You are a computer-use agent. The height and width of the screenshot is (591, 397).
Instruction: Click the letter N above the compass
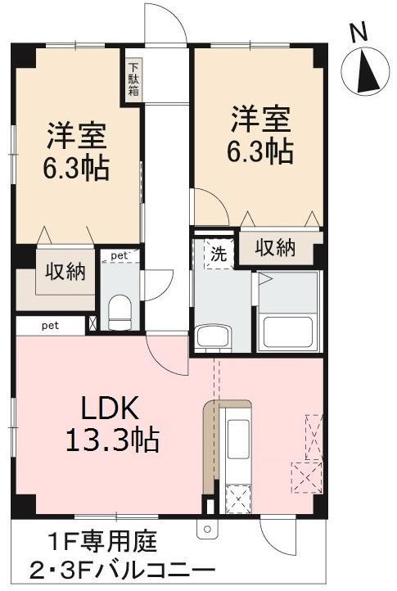click(x=358, y=33)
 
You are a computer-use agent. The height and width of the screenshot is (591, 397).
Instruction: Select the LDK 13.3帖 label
click(x=112, y=424)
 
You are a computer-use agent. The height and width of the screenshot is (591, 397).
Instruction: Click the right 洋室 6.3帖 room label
click(x=259, y=134)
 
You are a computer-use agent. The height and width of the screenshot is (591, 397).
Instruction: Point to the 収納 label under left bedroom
click(x=65, y=273)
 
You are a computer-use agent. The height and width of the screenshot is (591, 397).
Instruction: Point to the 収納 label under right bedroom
click(x=274, y=248)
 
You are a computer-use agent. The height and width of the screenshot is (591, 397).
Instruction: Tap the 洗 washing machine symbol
click(x=219, y=254)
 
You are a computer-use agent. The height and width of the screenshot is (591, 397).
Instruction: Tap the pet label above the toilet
click(x=120, y=256)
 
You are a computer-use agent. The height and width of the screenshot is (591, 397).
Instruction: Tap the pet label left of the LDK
click(x=51, y=326)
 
